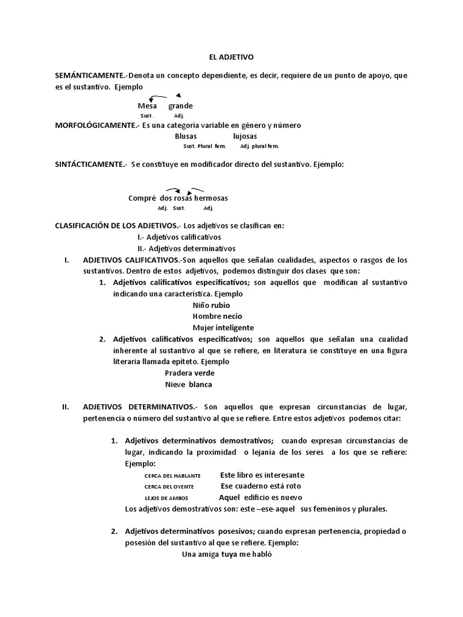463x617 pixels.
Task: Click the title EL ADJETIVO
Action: pos(233,57)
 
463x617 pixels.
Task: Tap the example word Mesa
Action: pos(148,106)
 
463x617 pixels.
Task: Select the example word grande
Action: pos(180,106)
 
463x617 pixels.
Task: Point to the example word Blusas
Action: pos(186,136)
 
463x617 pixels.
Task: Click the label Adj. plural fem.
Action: pos(259,146)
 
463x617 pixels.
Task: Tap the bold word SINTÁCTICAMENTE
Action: pos(91,164)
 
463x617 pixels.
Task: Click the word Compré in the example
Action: pos(142,198)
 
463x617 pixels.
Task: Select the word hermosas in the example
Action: pos(211,198)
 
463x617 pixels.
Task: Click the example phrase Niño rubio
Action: pos(207,305)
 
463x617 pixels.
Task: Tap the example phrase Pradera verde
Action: pos(190,373)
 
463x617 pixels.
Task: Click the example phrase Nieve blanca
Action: pos(189,384)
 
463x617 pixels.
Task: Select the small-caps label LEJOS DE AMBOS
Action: pos(167,498)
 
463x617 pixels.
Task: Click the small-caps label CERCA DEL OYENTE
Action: pos(172,487)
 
